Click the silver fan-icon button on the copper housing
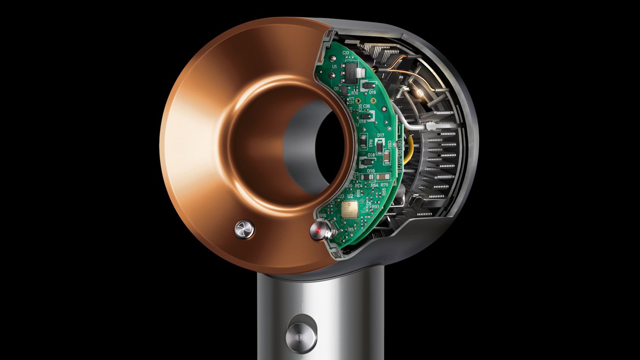pos(244,230)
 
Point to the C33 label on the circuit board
pos(345,53)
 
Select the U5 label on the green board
pos(334,67)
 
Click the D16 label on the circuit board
pos(372,92)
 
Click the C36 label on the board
pos(367,106)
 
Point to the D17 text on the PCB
pos(381,135)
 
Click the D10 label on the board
pos(371,171)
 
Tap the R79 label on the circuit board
pos(384,185)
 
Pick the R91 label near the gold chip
pos(375,206)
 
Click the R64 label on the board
pos(374,185)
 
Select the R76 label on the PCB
pos(355,93)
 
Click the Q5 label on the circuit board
pos(336,89)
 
